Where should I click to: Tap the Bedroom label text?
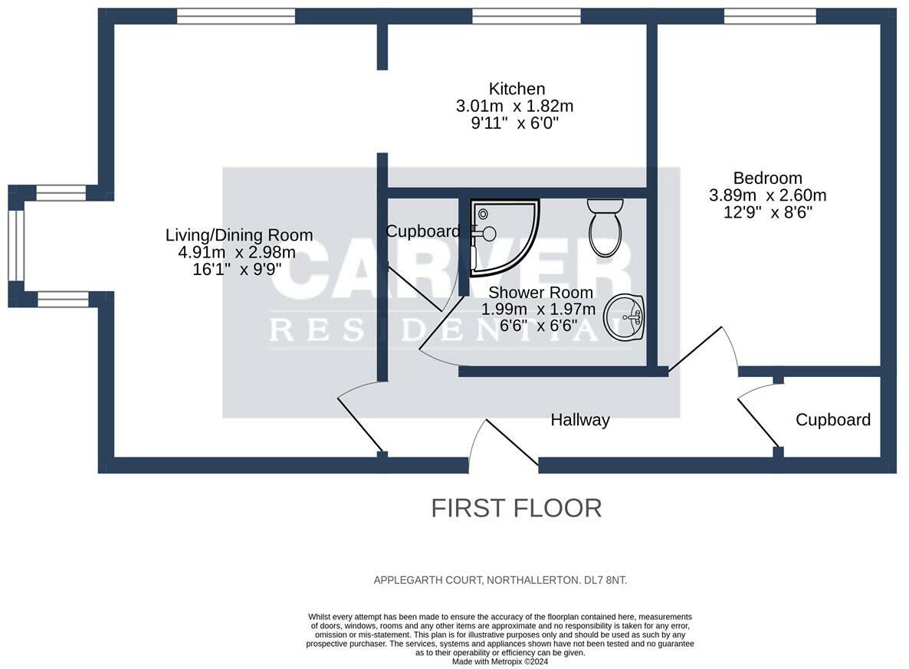click(x=767, y=179)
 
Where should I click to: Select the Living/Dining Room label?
click(x=239, y=235)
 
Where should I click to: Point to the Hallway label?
click(x=580, y=420)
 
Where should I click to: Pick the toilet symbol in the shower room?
click(x=605, y=228)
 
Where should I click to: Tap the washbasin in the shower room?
click(x=625, y=318)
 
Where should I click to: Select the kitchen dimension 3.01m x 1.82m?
click(x=514, y=106)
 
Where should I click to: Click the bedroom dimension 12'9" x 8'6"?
click(x=767, y=212)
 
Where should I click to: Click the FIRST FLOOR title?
click(x=516, y=508)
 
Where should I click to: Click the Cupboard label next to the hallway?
click(x=832, y=420)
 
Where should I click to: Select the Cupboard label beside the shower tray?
click(x=422, y=231)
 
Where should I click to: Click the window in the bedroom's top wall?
click(x=770, y=15)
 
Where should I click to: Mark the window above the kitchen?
click(x=526, y=15)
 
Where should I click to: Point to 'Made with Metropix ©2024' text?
click(x=500, y=661)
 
